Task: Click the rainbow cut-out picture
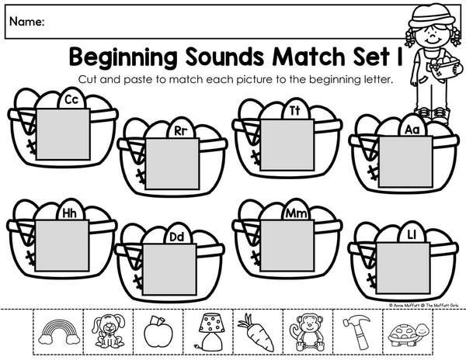60,332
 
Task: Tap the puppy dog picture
109,331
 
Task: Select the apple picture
158,331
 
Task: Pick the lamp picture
208,331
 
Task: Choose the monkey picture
308,332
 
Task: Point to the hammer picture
357,332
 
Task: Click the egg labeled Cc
71,99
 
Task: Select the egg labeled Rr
181,130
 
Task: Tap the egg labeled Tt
295,110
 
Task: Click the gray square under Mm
287,246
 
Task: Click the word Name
27,22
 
